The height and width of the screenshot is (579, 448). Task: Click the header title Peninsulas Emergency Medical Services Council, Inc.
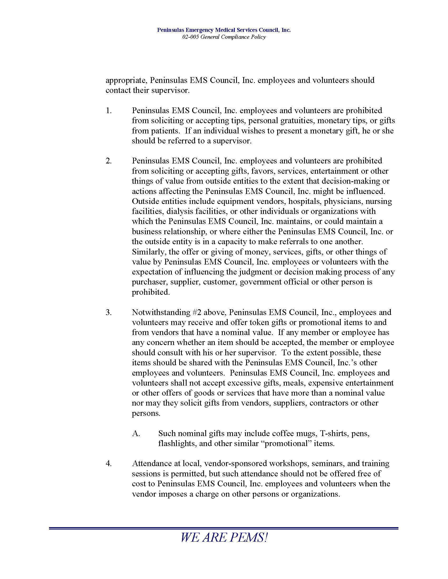[x=224, y=30]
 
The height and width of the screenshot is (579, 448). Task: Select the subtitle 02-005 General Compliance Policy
[x=224, y=37]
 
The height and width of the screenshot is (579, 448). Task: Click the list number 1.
[x=109, y=111]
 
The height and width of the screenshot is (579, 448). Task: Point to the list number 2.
[x=109, y=161]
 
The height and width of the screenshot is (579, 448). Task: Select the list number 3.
[x=109, y=312]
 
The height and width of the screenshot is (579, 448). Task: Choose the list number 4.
[x=109, y=463]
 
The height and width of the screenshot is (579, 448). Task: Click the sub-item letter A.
[x=136, y=433]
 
